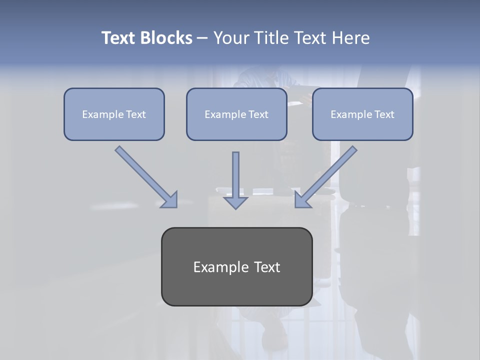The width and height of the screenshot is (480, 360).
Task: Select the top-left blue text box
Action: (114, 129)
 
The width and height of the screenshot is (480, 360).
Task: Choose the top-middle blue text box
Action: (236, 129)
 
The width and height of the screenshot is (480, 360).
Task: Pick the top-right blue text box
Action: (362, 129)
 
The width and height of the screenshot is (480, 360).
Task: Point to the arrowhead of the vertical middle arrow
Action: (235, 202)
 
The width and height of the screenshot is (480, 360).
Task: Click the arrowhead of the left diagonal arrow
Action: (170, 200)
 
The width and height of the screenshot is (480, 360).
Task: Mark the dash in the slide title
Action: (202, 38)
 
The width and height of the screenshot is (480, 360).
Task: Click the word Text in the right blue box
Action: (384, 114)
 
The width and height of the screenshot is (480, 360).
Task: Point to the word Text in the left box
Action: (136, 114)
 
